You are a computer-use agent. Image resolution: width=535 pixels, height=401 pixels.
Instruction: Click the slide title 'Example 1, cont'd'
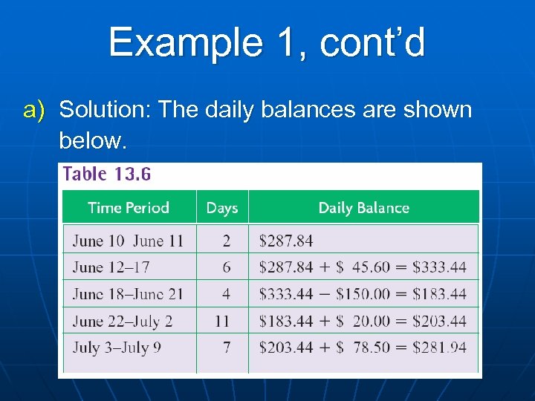coord(267,42)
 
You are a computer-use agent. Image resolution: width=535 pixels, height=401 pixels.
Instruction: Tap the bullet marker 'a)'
coord(35,110)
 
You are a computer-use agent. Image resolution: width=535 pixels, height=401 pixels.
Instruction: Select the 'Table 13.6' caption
coord(107,175)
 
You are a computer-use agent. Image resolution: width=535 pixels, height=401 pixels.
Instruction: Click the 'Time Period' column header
coord(129,208)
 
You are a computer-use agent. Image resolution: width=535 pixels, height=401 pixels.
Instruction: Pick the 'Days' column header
coord(222,208)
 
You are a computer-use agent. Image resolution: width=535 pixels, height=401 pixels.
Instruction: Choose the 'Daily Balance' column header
coord(363,208)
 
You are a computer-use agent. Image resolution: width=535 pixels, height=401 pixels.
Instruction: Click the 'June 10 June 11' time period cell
coord(128,241)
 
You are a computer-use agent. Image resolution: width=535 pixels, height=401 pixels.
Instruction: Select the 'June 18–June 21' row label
coord(128,294)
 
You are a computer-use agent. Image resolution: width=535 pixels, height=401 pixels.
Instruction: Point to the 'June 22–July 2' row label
coord(123,321)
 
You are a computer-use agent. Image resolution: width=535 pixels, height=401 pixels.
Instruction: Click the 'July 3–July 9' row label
coord(117,347)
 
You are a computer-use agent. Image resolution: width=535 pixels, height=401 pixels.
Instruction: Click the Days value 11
coord(222,321)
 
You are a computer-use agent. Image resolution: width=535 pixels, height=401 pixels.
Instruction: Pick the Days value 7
coord(226,347)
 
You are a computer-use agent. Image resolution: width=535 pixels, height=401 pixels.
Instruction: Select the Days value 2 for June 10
coord(226,241)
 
